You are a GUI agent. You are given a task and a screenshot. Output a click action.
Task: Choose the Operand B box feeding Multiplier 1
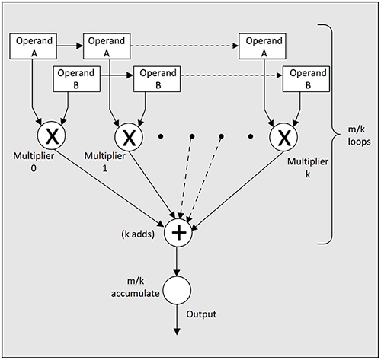[156, 78]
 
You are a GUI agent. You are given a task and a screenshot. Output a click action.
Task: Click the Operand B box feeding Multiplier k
[307, 78]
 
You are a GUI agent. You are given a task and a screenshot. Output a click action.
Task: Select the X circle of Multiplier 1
[130, 139]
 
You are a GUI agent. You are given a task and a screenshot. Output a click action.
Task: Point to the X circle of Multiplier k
[284, 139]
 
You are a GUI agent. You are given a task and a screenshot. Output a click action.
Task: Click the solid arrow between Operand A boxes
[69, 46]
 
